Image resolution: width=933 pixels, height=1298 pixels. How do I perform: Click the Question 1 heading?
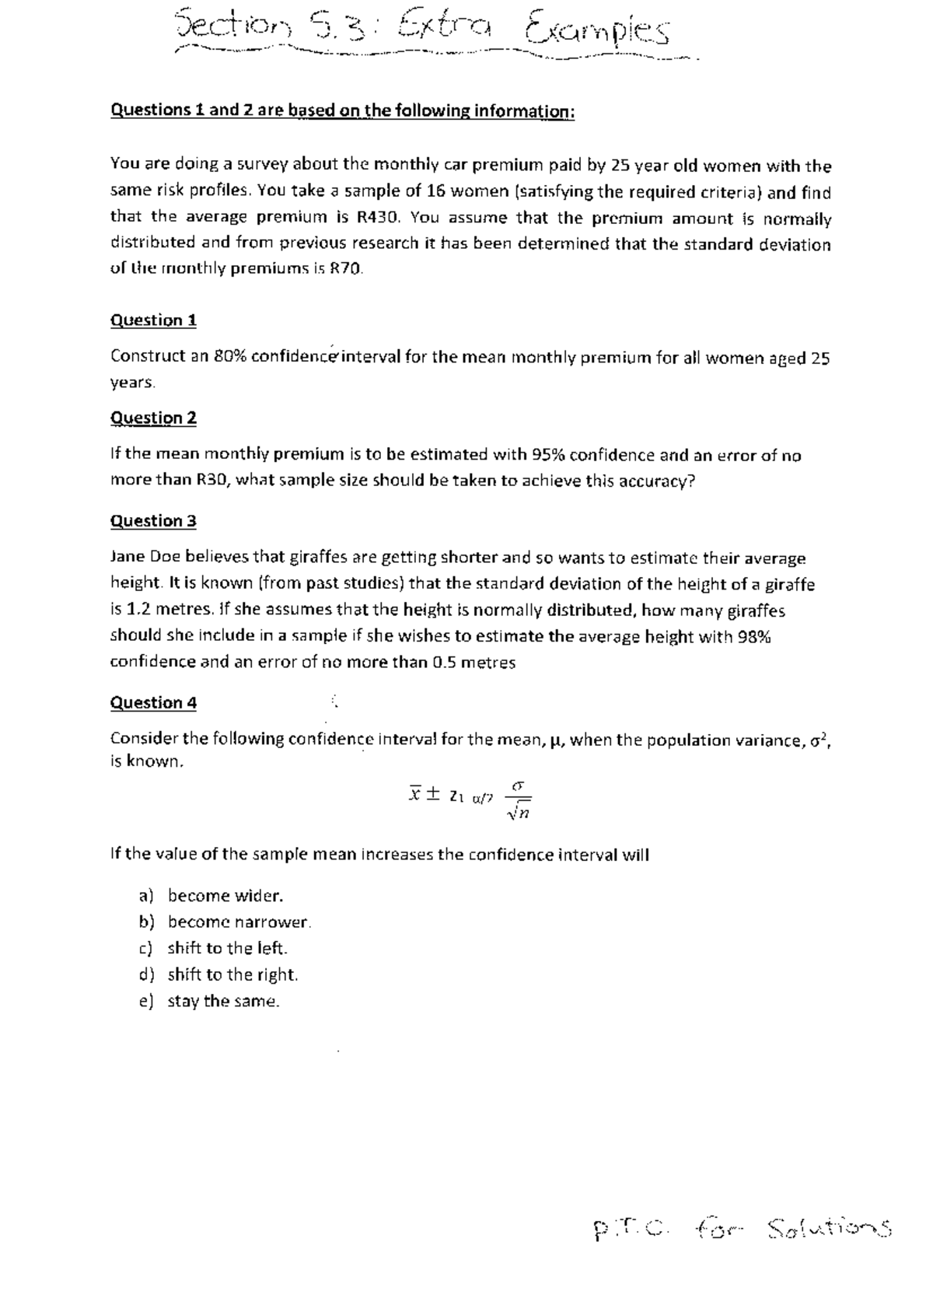pyautogui.click(x=153, y=320)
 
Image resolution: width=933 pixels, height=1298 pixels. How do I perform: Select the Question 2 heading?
pyautogui.click(x=153, y=418)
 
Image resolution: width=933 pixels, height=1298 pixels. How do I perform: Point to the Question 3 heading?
pyautogui.click(x=153, y=520)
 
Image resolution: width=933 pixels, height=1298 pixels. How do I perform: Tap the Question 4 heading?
pyautogui.click(x=153, y=702)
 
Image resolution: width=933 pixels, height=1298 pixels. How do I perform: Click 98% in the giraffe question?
pyautogui.click(x=753, y=636)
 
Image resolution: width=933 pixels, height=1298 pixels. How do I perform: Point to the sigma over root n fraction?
pyautogui.click(x=518, y=801)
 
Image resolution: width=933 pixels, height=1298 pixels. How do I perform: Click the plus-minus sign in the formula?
pyautogui.click(x=433, y=794)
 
